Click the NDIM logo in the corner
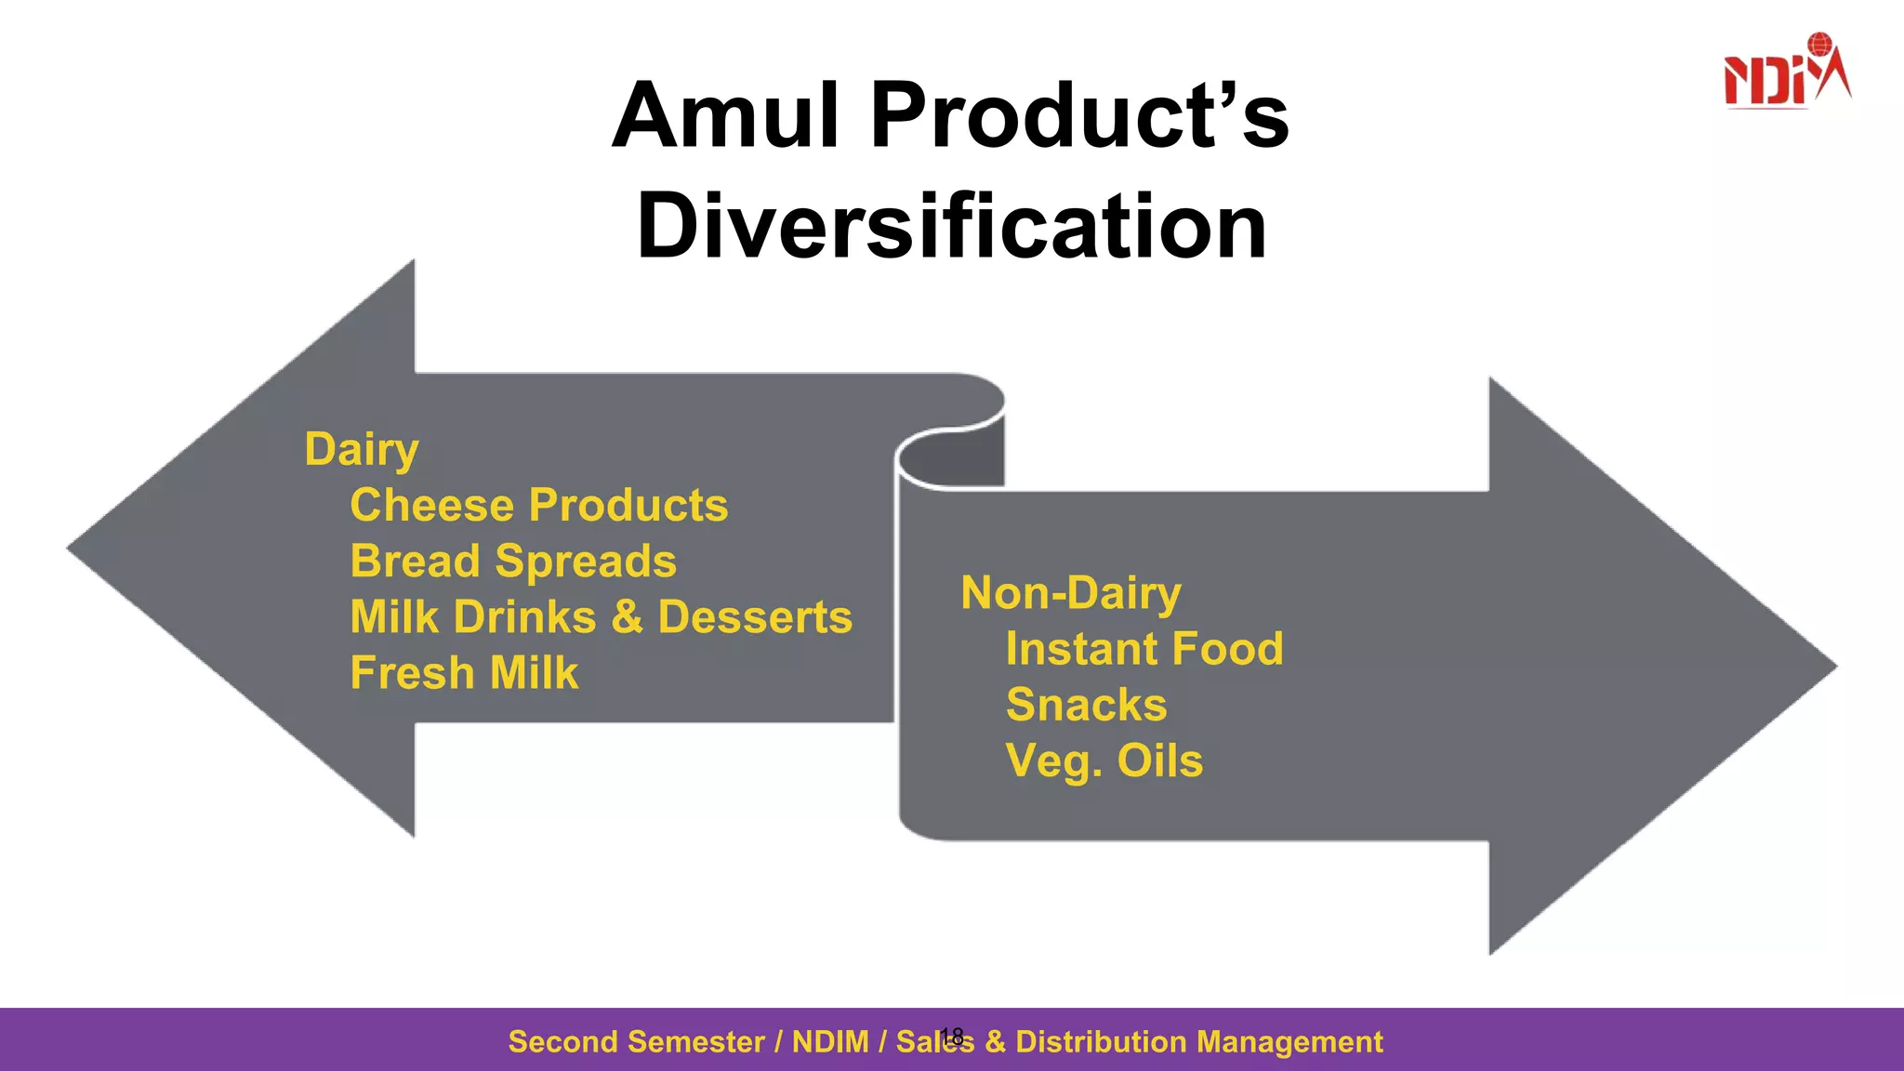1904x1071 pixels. click(x=1786, y=73)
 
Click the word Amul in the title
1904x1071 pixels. click(x=726, y=115)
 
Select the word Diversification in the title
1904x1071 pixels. click(x=951, y=226)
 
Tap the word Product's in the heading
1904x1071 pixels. click(x=1079, y=115)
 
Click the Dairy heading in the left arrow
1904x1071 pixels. click(x=362, y=450)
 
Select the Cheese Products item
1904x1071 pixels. click(x=538, y=506)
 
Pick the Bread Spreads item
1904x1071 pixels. click(x=513, y=562)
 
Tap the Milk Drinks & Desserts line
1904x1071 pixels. click(x=601, y=617)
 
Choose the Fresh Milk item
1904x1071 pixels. click(x=464, y=673)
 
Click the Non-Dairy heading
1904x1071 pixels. click(x=1071, y=594)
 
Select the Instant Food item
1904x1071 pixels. click(x=1144, y=649)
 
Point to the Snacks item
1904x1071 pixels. click(x=1086, y=705)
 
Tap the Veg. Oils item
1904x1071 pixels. click(x=1104, y=760)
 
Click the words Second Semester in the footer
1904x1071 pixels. click(x=636, y=1042)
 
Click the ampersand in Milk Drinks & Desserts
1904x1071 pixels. click(x=628, y=617)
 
